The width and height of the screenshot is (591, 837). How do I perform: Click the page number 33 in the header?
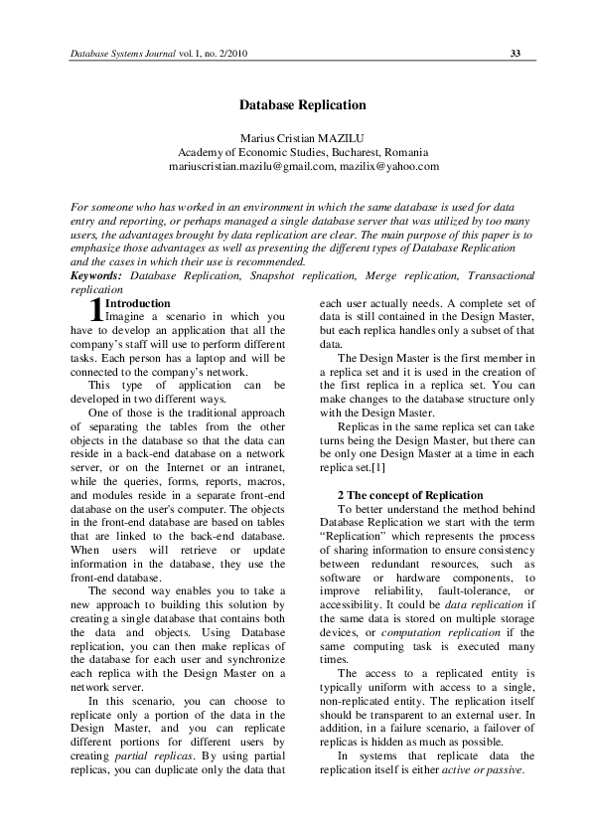516,53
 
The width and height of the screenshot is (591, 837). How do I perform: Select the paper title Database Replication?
303,104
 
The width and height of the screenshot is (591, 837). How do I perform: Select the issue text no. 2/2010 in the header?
222,53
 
